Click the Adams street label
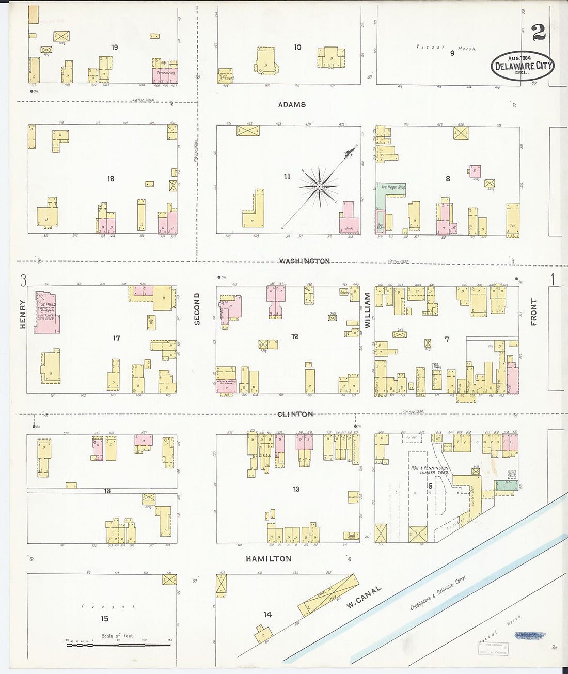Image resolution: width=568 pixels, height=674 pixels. click(x=292, y=104)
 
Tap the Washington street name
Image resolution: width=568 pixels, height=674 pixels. click(x=305, y=261)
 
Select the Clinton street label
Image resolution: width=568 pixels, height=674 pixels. click(x=295, y=414)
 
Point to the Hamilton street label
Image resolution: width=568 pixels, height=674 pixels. click(x=269, y=559)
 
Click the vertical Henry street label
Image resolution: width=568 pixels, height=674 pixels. click(x=23, y=314)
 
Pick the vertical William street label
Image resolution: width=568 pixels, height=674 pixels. click(x=368, y=311)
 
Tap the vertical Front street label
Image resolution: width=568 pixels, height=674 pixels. click(x=533, y=312)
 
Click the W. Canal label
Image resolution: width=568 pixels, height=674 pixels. click(x=364, y=597)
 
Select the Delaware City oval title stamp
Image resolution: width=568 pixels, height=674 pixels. click(x=522, y=66)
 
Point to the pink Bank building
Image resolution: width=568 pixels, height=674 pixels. click(x=349, y=220)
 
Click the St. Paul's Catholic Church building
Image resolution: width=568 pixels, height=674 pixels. click(x=46, y=312)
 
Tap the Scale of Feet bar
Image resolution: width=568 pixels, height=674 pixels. click(x=118, y=645)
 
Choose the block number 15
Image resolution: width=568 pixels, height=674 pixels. click(x=105, y=619)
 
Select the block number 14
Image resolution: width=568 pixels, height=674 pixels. click(x=267, y=615)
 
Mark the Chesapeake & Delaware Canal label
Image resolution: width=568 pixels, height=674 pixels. click(x=438, y=593)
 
